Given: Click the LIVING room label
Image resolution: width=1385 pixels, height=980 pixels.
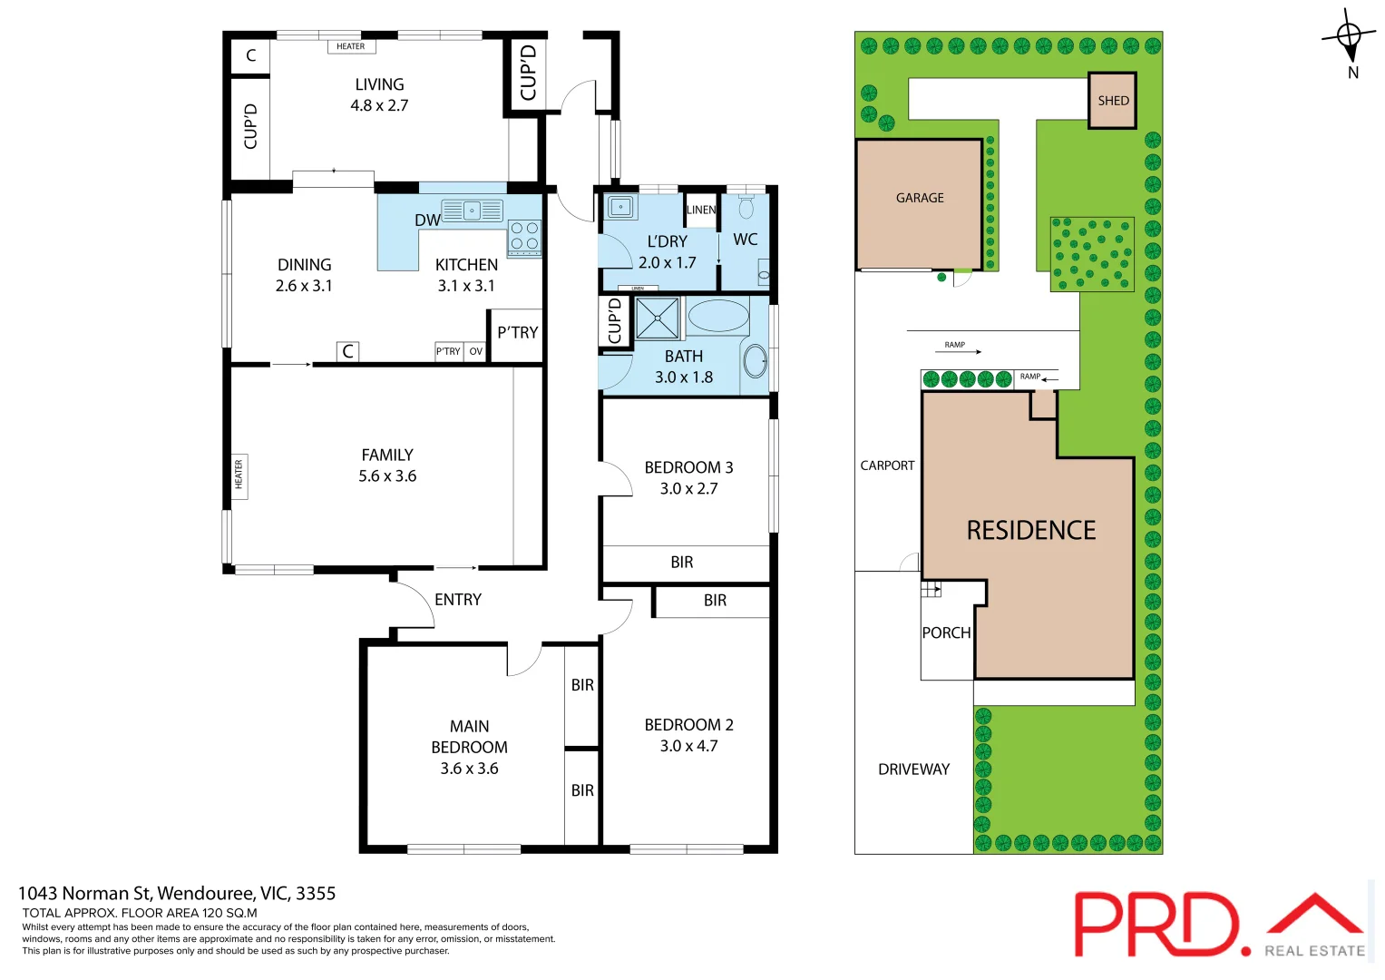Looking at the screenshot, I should [x=379, y=84].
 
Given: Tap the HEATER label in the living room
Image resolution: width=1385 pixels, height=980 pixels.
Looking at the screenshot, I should [x=350, y=46].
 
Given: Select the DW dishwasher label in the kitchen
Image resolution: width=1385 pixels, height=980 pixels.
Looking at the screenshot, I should [x=427, y=220].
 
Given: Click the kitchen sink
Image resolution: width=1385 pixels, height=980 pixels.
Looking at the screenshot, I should [x=472, y=211].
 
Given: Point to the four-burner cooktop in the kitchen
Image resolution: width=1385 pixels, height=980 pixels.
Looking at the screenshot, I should [x=524, y=236].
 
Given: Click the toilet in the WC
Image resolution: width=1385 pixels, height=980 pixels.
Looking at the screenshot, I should [x=746, y=208].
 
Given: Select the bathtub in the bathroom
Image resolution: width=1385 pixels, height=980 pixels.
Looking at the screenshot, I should [x=718, y=317].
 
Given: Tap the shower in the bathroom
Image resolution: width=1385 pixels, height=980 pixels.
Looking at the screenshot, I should [x=657, y=318].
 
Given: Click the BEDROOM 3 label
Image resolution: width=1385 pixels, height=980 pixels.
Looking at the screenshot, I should [x=688, y=467].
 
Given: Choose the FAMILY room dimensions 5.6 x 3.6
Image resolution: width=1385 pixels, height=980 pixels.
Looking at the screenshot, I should [x=387, y=476].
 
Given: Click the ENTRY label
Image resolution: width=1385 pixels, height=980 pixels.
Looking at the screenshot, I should [x=458, y=600].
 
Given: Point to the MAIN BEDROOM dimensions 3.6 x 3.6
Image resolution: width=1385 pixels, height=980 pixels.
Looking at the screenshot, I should [x=469, y=769].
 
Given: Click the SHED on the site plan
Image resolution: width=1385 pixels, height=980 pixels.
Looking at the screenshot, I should [x=1113, y=101].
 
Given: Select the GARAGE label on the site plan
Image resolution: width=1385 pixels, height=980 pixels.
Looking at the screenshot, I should [x=920, y=198].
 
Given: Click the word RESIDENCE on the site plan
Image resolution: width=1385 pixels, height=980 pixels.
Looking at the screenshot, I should [x=1031, y=530].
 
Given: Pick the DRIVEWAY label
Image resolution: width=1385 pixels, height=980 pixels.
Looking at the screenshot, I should [x=913, y=769].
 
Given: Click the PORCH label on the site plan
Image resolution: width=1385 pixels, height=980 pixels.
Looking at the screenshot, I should [x=946, y=632].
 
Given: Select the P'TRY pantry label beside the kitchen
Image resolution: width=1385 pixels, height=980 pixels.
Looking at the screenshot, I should [x=517, y=333].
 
